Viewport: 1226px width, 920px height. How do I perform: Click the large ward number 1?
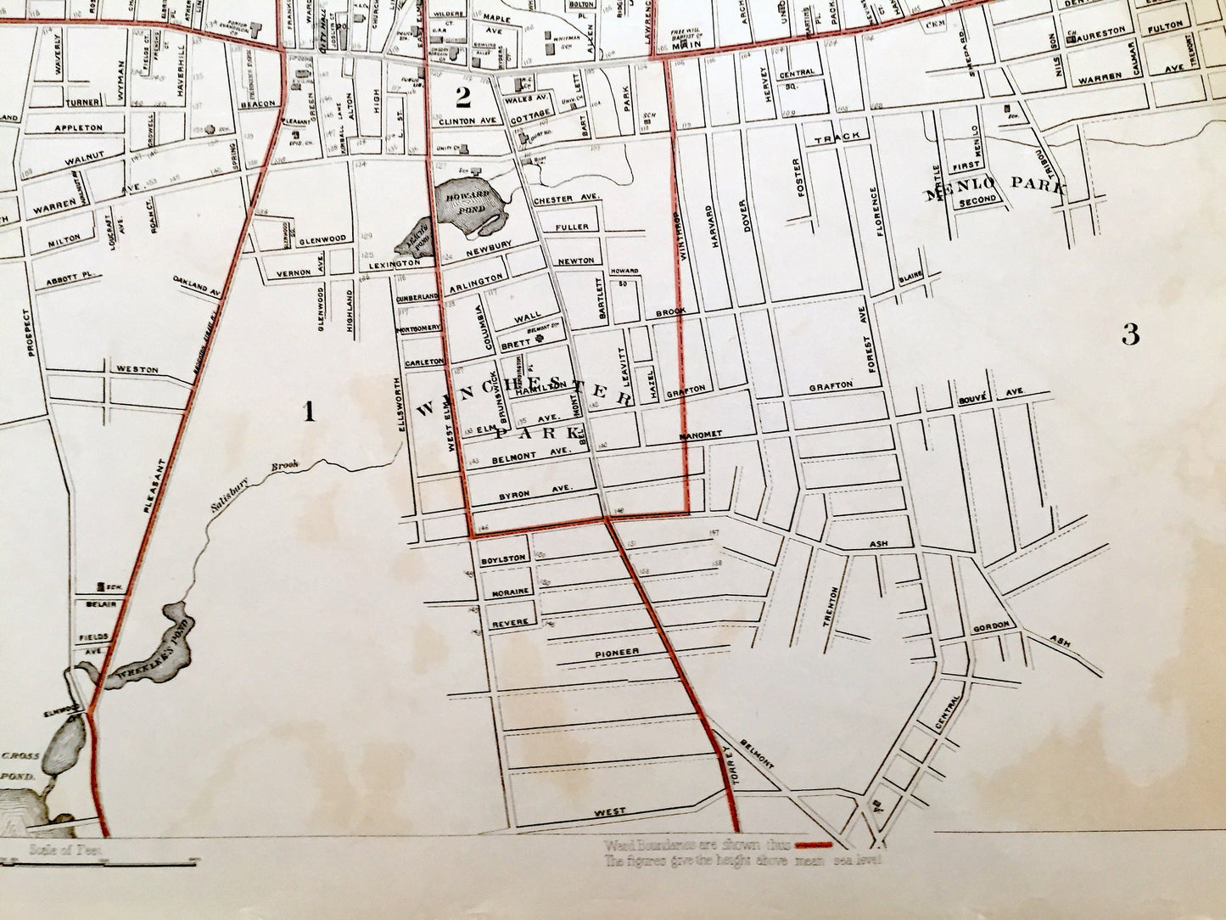pos(310,412)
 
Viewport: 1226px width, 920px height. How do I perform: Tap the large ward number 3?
pos(1130,335)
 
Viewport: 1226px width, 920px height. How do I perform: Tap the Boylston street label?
pos(504,558)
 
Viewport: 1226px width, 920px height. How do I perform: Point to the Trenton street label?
pos(832,607)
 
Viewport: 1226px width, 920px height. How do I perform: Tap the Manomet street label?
pos(700,435)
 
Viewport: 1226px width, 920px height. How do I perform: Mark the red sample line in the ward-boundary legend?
pos(814,844)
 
